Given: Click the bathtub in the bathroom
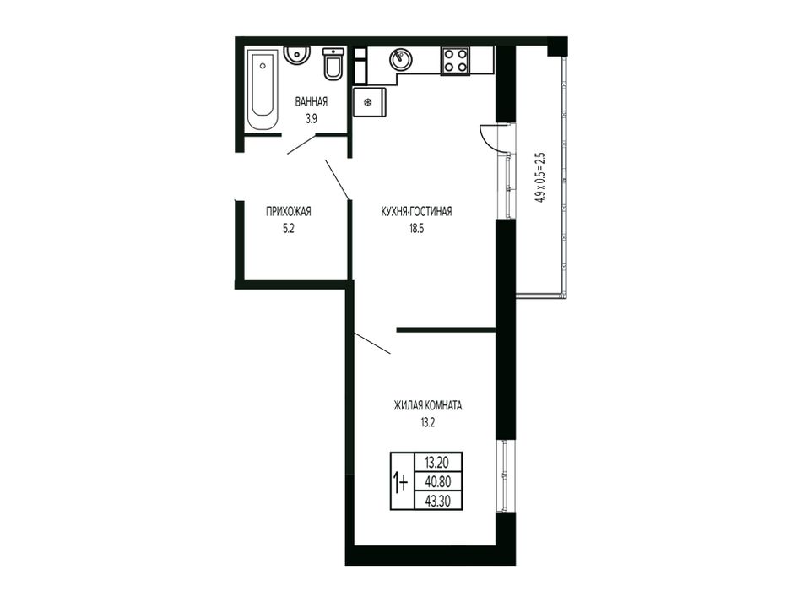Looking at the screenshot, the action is click(x=263, y=89).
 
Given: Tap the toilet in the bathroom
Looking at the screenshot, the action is click(x=333, y=63).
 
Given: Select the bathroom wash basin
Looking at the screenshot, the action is click(x=295, y=55).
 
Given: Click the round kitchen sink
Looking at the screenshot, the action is click(x=401, y=59).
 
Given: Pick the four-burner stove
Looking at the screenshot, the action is click(x=455, y=60).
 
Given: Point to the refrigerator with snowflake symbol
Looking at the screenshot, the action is click(x=370, y=102).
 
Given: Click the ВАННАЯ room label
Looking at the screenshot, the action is click(x=311, y=102).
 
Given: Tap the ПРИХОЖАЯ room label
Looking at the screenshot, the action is click(x=289, y=211).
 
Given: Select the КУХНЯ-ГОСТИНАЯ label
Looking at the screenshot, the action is click(x=416, y=211).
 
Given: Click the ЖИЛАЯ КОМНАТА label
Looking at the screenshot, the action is click(x=428, y=405).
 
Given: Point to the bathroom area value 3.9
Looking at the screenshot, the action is click(x=311, y=119).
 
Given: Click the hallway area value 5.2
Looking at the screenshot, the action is click(x=289, y=229).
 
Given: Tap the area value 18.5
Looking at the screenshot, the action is click(x=416, y=229).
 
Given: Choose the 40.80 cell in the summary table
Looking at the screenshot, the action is click(x=437, y=481).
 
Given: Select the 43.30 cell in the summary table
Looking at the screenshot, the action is click(x=437, y=501).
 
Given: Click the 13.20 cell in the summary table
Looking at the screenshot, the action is click(x=437, y=463).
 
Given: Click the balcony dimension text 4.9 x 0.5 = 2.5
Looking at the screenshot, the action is click(x=540, y=178).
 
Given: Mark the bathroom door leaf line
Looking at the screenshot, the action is click(x=303, y=144).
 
